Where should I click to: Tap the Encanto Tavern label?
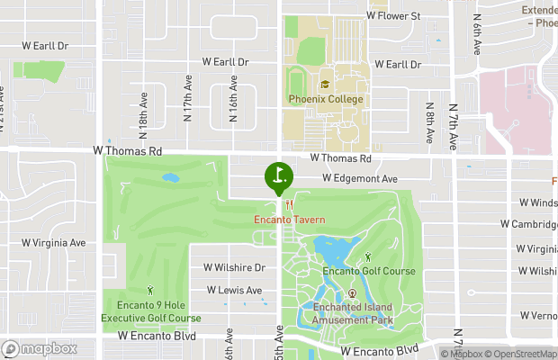point(289,219)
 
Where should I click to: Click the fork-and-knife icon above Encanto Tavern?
point(289,204)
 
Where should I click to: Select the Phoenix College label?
point(326,99)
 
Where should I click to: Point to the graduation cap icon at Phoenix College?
point(325,85)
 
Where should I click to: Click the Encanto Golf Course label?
point(369,271)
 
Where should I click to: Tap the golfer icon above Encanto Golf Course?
point(368,257)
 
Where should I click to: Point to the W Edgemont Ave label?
point(360,179)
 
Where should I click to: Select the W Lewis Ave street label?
point(234,291)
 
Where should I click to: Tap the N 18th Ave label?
point(143,106)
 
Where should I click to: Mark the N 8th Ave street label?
point(431,125)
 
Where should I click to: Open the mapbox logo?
point(39,348)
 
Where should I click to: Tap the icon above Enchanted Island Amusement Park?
point(352,293)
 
